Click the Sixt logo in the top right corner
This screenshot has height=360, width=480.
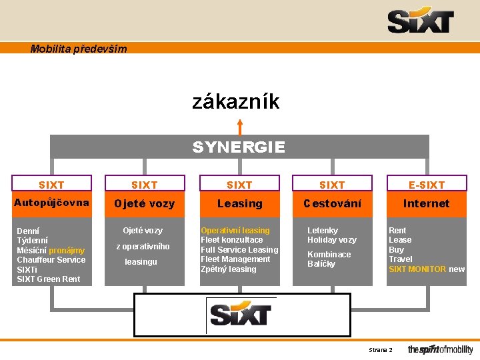(421, 21)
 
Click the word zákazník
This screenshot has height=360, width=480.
(236, 102)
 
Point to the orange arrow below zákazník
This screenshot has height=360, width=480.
(239, 127)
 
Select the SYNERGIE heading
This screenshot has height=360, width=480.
(239, 147)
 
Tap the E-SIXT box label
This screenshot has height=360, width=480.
(426, 185)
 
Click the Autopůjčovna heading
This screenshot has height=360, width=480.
(52, 203)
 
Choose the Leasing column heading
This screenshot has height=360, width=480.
(239, 203)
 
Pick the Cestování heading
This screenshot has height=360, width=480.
(332, 203)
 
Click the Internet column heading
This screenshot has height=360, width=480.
(426, 203)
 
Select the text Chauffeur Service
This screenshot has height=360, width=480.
(51, 260)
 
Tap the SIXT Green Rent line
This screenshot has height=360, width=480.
(49, 279)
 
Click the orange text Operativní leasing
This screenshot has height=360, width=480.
(235, 231)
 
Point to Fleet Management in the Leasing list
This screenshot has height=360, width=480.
(235, 259)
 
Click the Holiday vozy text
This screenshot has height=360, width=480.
(332, 240)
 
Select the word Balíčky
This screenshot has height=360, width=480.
(321, 264)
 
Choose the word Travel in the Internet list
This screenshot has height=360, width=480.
(401, 259)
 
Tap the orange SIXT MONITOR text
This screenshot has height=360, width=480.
(417, 269)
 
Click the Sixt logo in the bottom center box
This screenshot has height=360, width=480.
(240, 314)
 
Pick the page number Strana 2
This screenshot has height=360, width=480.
(381, 350)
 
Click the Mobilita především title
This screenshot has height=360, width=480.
(79, 49)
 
